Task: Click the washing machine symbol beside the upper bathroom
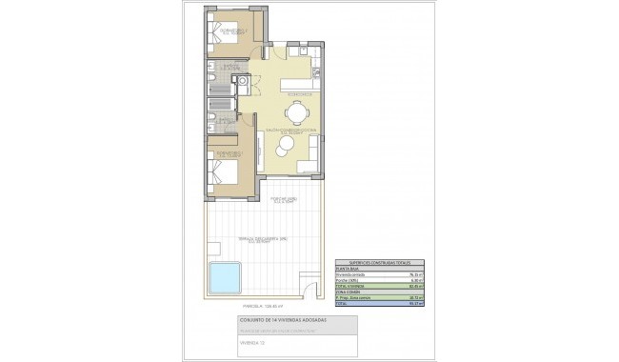(244, 83)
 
